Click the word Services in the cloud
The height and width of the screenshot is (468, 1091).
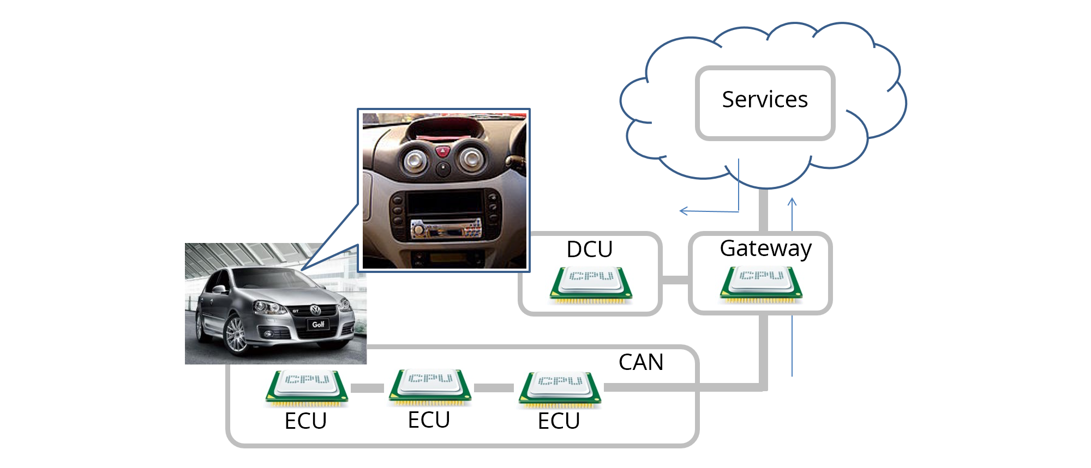(764, 100)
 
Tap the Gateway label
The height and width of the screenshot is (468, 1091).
(765, 248)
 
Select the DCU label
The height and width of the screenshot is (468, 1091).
(589, 250)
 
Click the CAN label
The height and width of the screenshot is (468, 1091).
(640, 362)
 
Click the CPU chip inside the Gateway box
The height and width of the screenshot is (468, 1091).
(761, 283)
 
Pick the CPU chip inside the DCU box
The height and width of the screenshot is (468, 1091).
(591, 283)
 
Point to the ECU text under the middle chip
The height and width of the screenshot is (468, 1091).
(429, 420)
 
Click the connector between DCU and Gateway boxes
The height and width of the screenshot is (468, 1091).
(675, 279)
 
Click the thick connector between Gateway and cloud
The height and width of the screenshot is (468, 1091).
(764, 210)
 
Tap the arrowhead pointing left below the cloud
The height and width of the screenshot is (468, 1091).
(683, 211)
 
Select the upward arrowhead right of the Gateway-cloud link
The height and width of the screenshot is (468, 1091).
(792, 202)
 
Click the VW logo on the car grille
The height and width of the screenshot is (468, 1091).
(315, 310)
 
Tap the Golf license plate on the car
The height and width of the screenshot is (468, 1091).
(317, 324)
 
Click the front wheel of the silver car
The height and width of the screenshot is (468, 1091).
(236, 334)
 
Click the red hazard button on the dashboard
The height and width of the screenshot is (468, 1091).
(442, 150)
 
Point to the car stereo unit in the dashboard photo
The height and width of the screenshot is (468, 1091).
(446, 229)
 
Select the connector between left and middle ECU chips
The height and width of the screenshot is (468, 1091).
(367, 388)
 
